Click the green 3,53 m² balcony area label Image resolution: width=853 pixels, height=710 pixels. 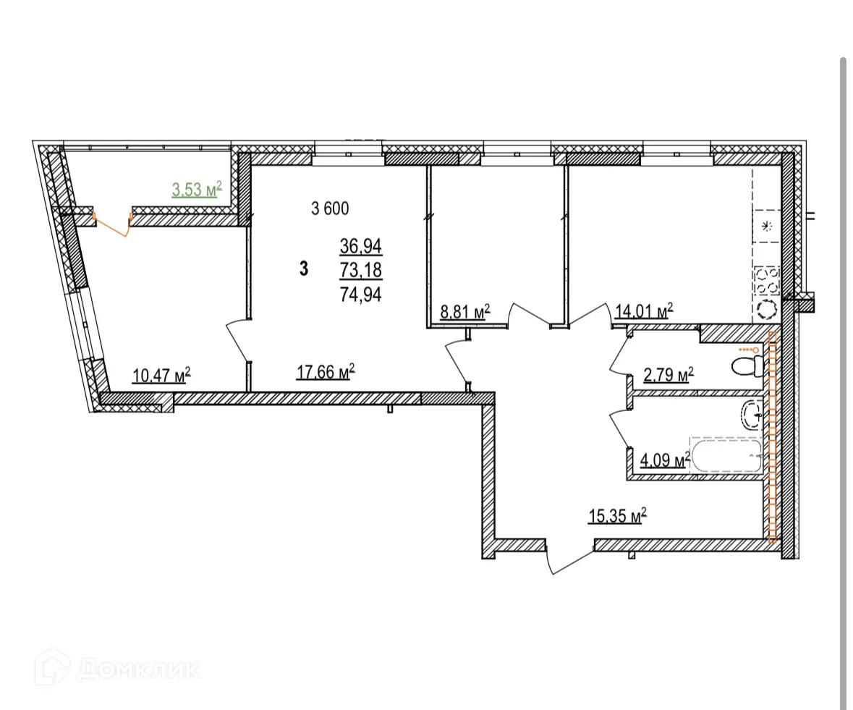click(196, 190)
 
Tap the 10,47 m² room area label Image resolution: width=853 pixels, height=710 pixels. click(162, 375)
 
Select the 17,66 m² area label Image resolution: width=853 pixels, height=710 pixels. click(325, 372)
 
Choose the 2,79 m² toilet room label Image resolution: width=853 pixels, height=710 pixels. click(669, 375)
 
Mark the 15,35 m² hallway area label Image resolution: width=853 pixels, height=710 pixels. click(616, 516)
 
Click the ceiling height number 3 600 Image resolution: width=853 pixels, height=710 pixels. click(330, 209)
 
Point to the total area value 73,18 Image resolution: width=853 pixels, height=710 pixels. click(361, 271)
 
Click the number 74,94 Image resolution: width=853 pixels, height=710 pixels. click(361, 294)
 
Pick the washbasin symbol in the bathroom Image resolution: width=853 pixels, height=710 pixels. click(752, 415)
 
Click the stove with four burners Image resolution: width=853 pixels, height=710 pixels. click(766, 282)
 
